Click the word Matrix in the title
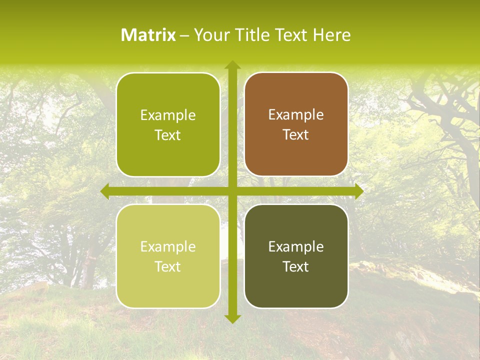pyautogui.click(x=148, y=35)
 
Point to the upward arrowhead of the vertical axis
pyautogui.click(x=232, y=65)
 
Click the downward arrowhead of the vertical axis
pyautogui.click(x=232, y=318)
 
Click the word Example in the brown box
pyautogui.click(x=296, y=115)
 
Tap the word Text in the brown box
pyautogui.click(x=296, y=135)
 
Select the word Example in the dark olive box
pyautogui.click(x=296, y=246)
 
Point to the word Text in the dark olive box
pyautogui.click(x=296, y=266)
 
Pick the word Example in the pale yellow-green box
pyautogui.click(x=168, y=246)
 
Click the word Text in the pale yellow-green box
pyautogui.click(x=168, y=266)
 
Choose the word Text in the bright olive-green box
pyautogui.click(x=168, y=135)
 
